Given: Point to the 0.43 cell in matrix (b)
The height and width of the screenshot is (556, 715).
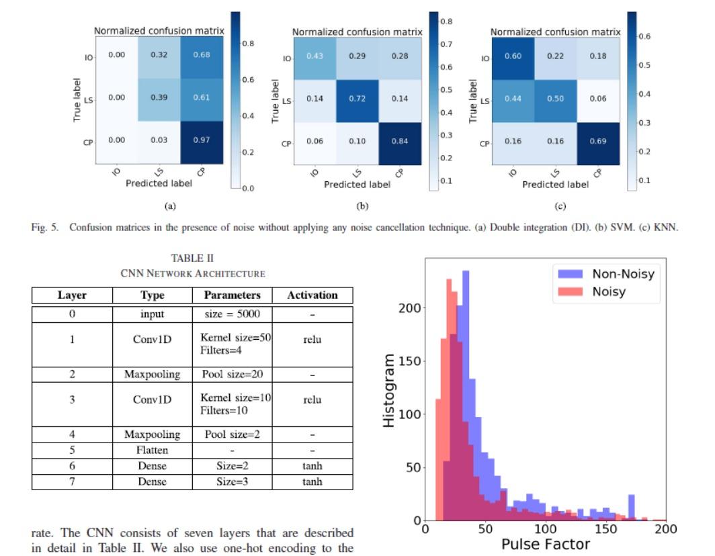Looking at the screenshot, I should [x=314, y=56].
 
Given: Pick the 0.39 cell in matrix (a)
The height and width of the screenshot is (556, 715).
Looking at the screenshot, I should [x=159, y=98].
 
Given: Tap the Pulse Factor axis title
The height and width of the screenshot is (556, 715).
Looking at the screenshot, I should [x=546, y=544].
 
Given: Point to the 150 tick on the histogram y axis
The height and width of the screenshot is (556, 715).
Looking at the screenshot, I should [x=409, y=361].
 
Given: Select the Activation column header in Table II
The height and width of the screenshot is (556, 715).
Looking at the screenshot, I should [x=312, y=295].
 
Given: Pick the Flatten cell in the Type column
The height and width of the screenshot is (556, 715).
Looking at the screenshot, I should [x=152, y=451].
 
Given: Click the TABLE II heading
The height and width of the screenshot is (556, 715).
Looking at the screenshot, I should [x=192, y=258].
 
